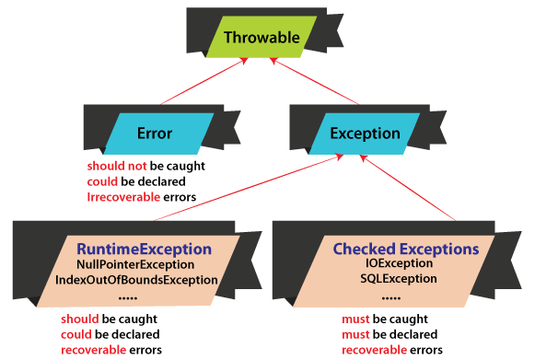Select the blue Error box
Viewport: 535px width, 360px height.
click(154, 134)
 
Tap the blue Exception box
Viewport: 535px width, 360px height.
click(366, 134)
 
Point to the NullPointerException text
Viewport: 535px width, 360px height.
click(137, 264)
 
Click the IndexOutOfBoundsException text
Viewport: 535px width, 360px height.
click(136, 279)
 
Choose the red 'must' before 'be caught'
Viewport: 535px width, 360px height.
click(358, 319)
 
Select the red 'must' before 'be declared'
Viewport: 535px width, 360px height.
click(358, 334)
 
